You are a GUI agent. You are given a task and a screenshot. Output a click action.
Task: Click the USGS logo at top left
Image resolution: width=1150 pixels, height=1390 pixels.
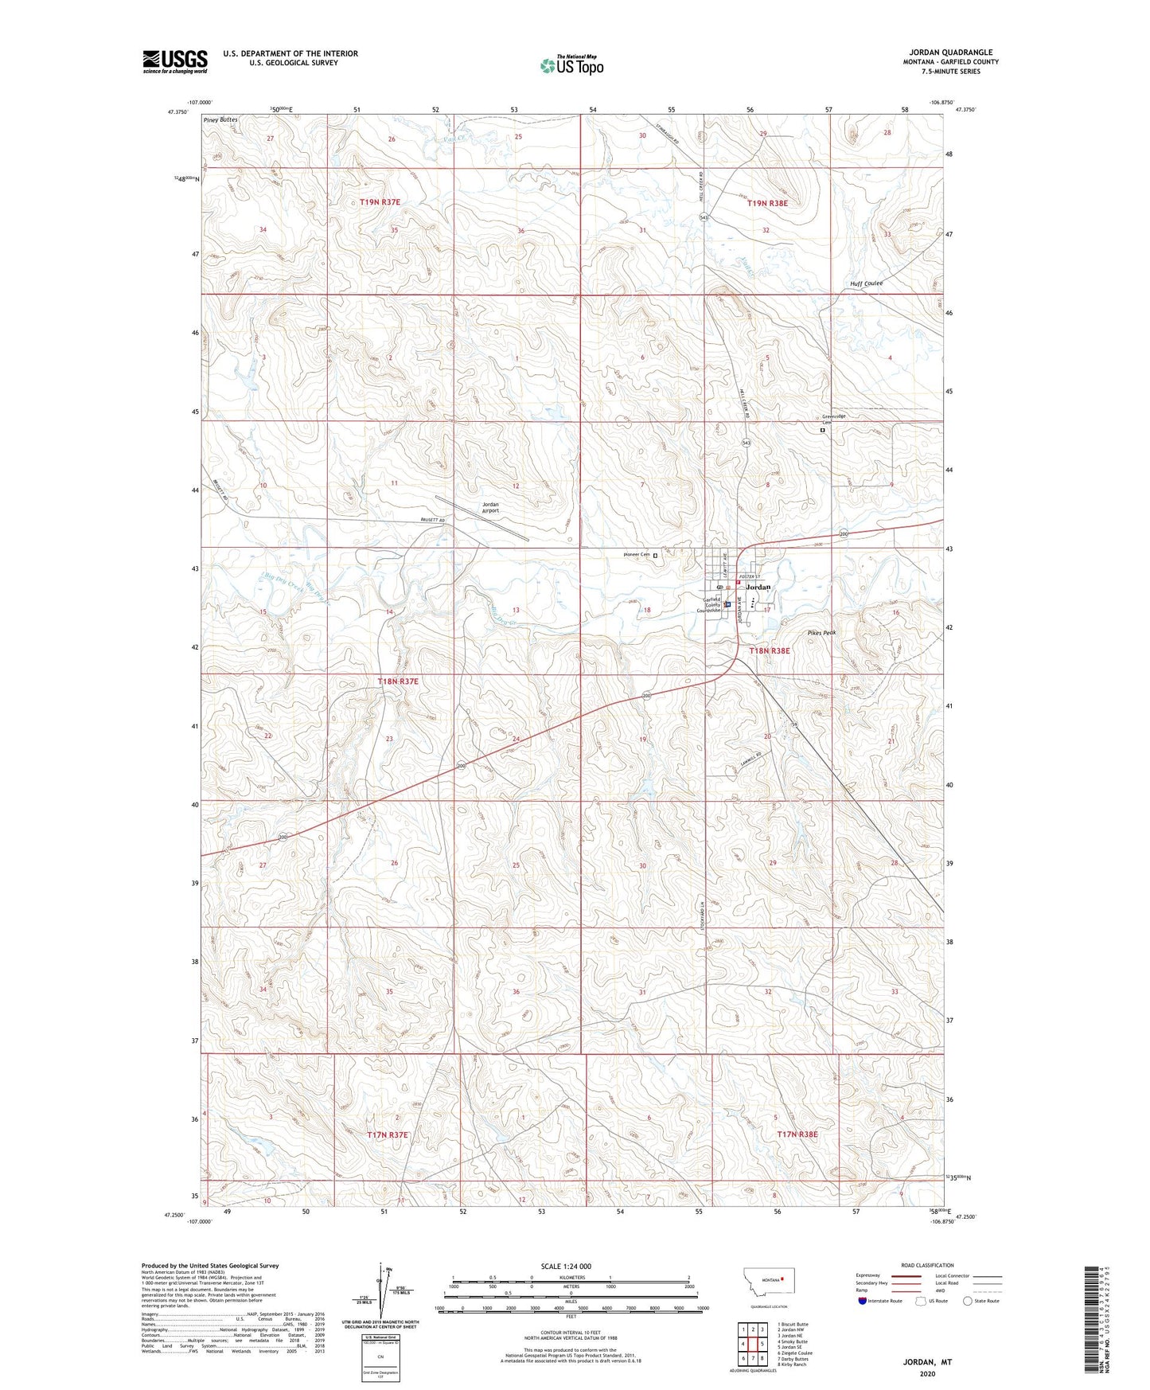175,61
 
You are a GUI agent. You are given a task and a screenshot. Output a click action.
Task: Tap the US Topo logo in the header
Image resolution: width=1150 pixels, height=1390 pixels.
571,65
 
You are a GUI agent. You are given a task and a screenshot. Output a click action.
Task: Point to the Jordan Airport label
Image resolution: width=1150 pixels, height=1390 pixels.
490,507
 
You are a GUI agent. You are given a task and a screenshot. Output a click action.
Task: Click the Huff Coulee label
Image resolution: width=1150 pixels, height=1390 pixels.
866,283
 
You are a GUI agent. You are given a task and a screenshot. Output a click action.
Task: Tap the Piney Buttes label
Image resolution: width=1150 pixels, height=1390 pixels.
220,119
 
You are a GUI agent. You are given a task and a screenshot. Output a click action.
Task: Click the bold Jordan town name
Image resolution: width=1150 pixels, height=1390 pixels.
759,587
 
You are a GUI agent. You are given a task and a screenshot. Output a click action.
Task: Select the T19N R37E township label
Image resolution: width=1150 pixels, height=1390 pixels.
380,202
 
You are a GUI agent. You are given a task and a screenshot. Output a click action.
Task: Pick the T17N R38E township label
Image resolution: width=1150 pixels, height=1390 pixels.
797,1134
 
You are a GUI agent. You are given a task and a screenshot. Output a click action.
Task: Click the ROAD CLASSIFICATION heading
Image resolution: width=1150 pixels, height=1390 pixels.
927,1265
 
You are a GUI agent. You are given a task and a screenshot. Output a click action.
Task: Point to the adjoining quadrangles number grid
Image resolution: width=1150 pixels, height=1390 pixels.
752,1343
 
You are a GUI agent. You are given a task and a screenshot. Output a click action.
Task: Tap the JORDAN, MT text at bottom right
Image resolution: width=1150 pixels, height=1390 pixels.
927,1362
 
